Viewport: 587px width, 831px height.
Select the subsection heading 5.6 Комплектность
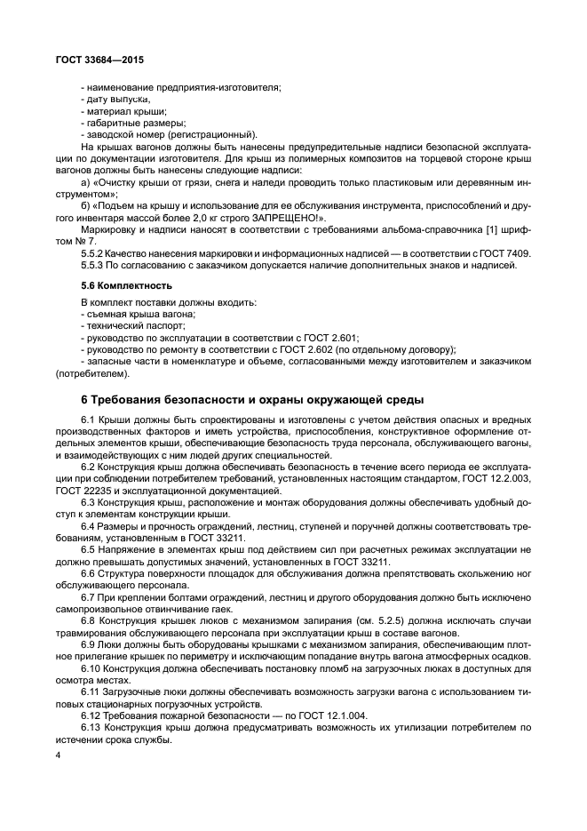(x=124, y=285)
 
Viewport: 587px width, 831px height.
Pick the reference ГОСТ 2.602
(x=279, y=349)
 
